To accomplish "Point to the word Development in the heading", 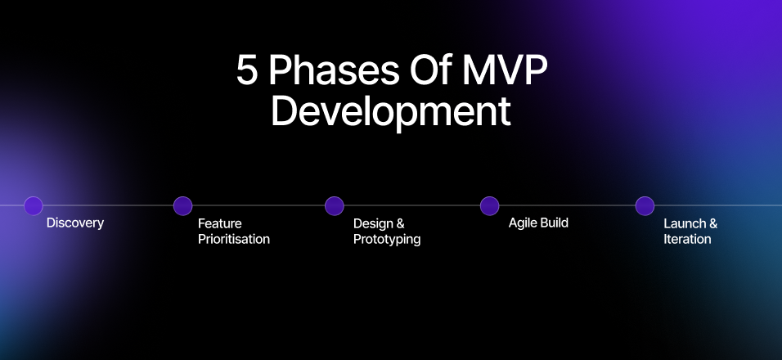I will click(x=390, y=112).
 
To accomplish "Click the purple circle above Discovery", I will click(x=34, y=206).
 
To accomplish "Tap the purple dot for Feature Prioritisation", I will click(x=183, y=206).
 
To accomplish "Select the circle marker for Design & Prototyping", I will click(x=334, y=206).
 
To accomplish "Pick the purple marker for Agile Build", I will click(x=489, y=206).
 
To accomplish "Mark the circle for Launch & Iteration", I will click(x=645, y=206).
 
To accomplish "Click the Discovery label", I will click(x=75, y=223).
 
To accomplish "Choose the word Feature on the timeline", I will click(x=220, y=223).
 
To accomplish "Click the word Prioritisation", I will click(x=234, y=240).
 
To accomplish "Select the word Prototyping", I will click(x=387, y=240).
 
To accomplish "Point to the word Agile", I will click(x=523, y=223).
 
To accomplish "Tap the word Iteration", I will click(x=687, y=240).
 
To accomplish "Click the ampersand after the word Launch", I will click(x=713, y=223).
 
